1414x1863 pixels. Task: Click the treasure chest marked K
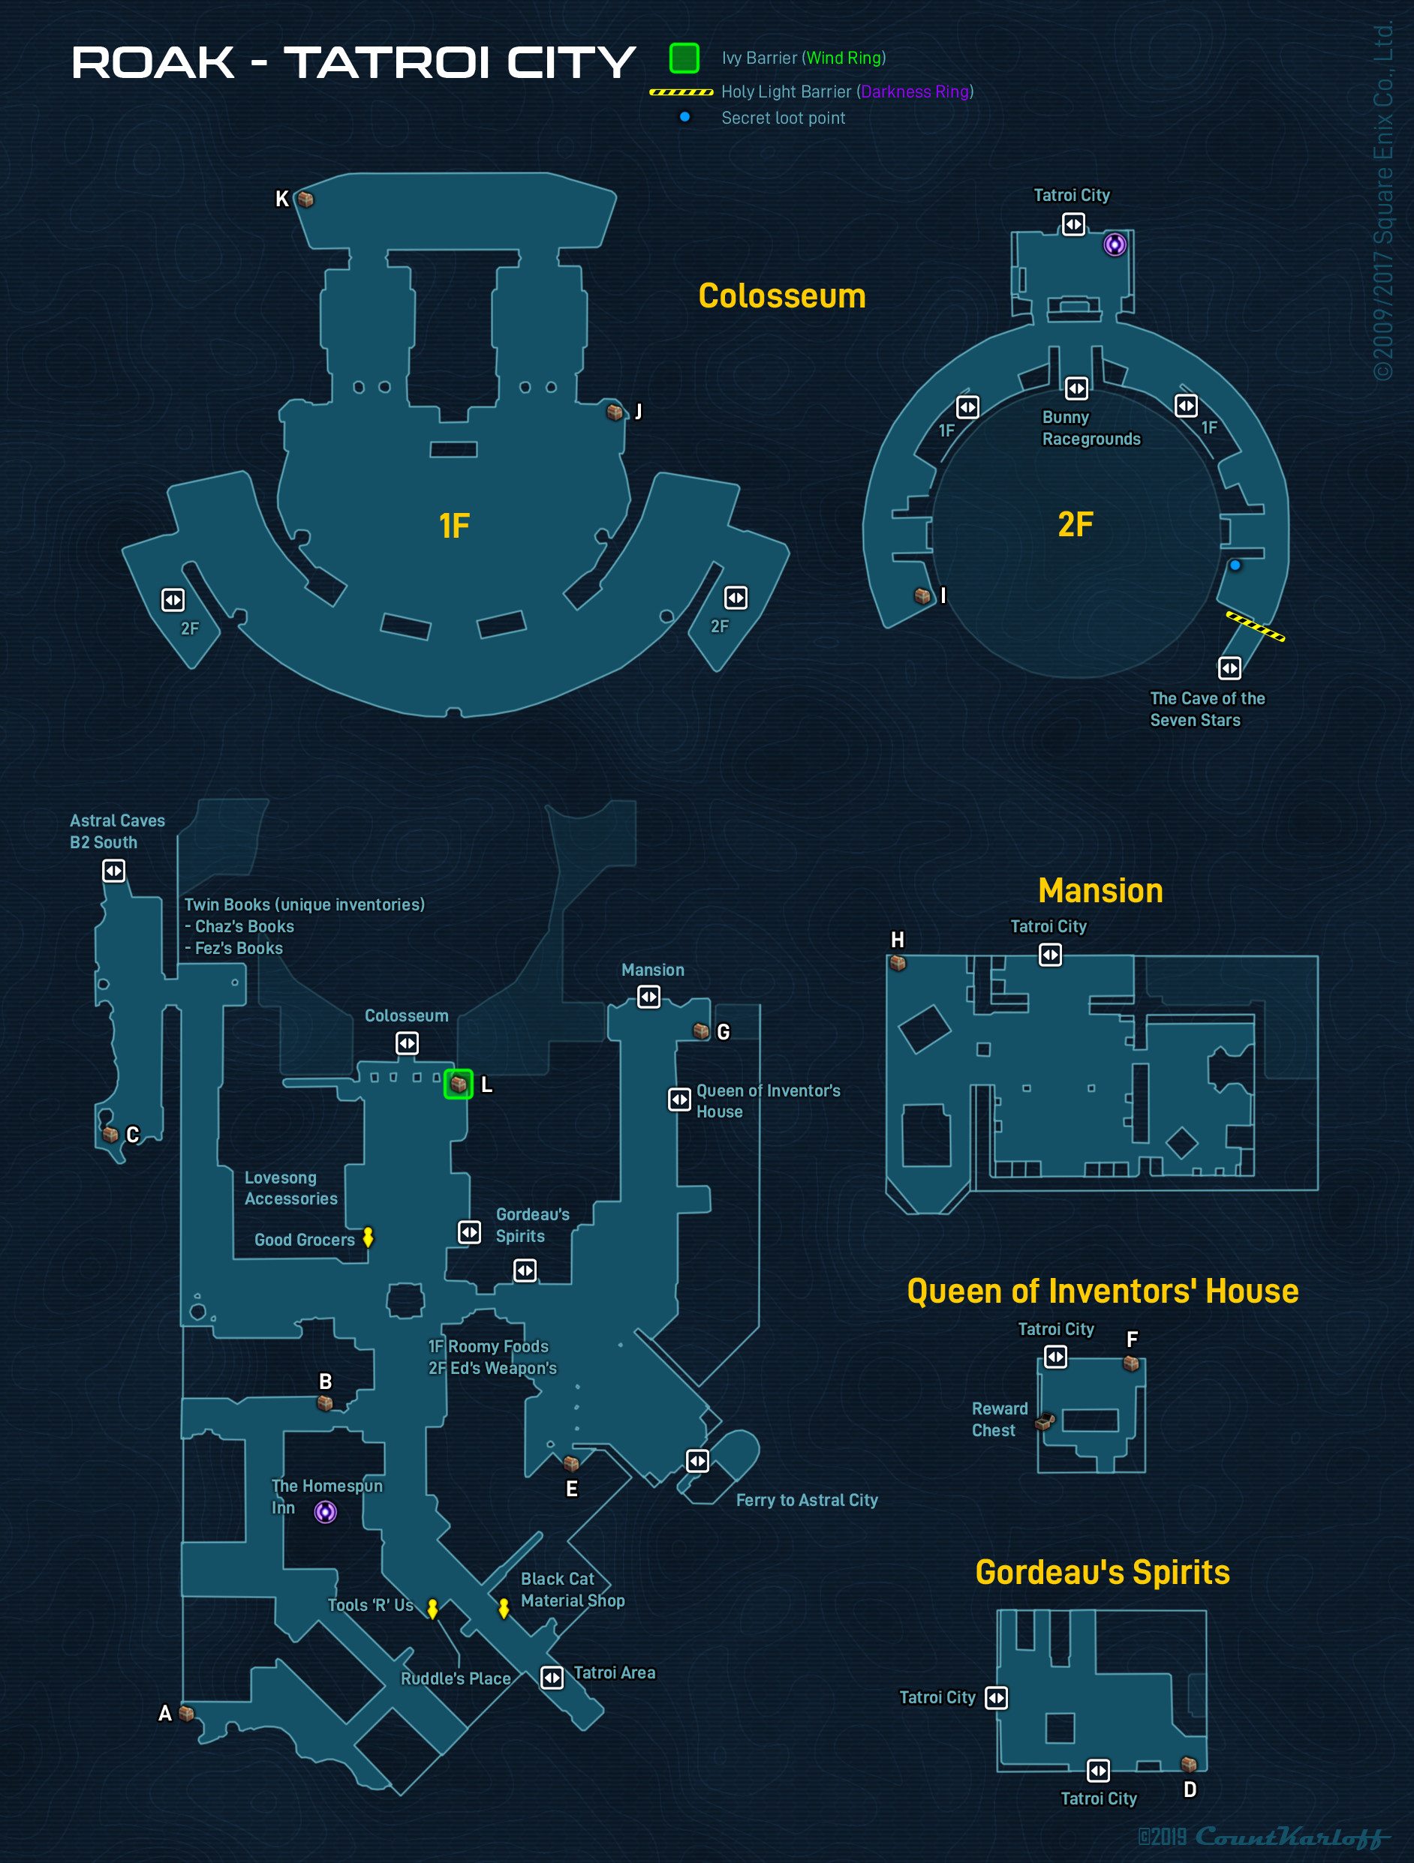[306, 199]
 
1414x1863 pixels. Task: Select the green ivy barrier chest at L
[459, 1084]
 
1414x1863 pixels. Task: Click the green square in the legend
[684, 58]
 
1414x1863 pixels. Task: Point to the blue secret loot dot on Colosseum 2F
[1235, 565]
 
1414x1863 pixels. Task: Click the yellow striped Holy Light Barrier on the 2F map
[1255, 626]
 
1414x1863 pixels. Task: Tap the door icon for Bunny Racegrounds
[1076, 388]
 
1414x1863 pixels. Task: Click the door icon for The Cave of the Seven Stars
[1229, 669]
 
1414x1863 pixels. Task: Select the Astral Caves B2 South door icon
[114, 870]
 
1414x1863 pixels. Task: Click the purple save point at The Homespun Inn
[325, 1512]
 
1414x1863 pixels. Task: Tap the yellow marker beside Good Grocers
[369, 1237]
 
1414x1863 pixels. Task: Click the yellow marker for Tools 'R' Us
[432, 1609]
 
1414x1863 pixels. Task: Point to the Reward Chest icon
[1045, 1422]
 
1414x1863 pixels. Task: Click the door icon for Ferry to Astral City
[698, 1460]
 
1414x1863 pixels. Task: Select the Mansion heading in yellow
[1100, 890]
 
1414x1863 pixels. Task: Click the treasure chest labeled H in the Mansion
[898, 963]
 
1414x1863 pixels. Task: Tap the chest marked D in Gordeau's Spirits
[1189, 1763]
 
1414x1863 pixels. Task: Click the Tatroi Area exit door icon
[552, 1678]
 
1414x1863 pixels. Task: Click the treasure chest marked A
[187, 1713]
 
